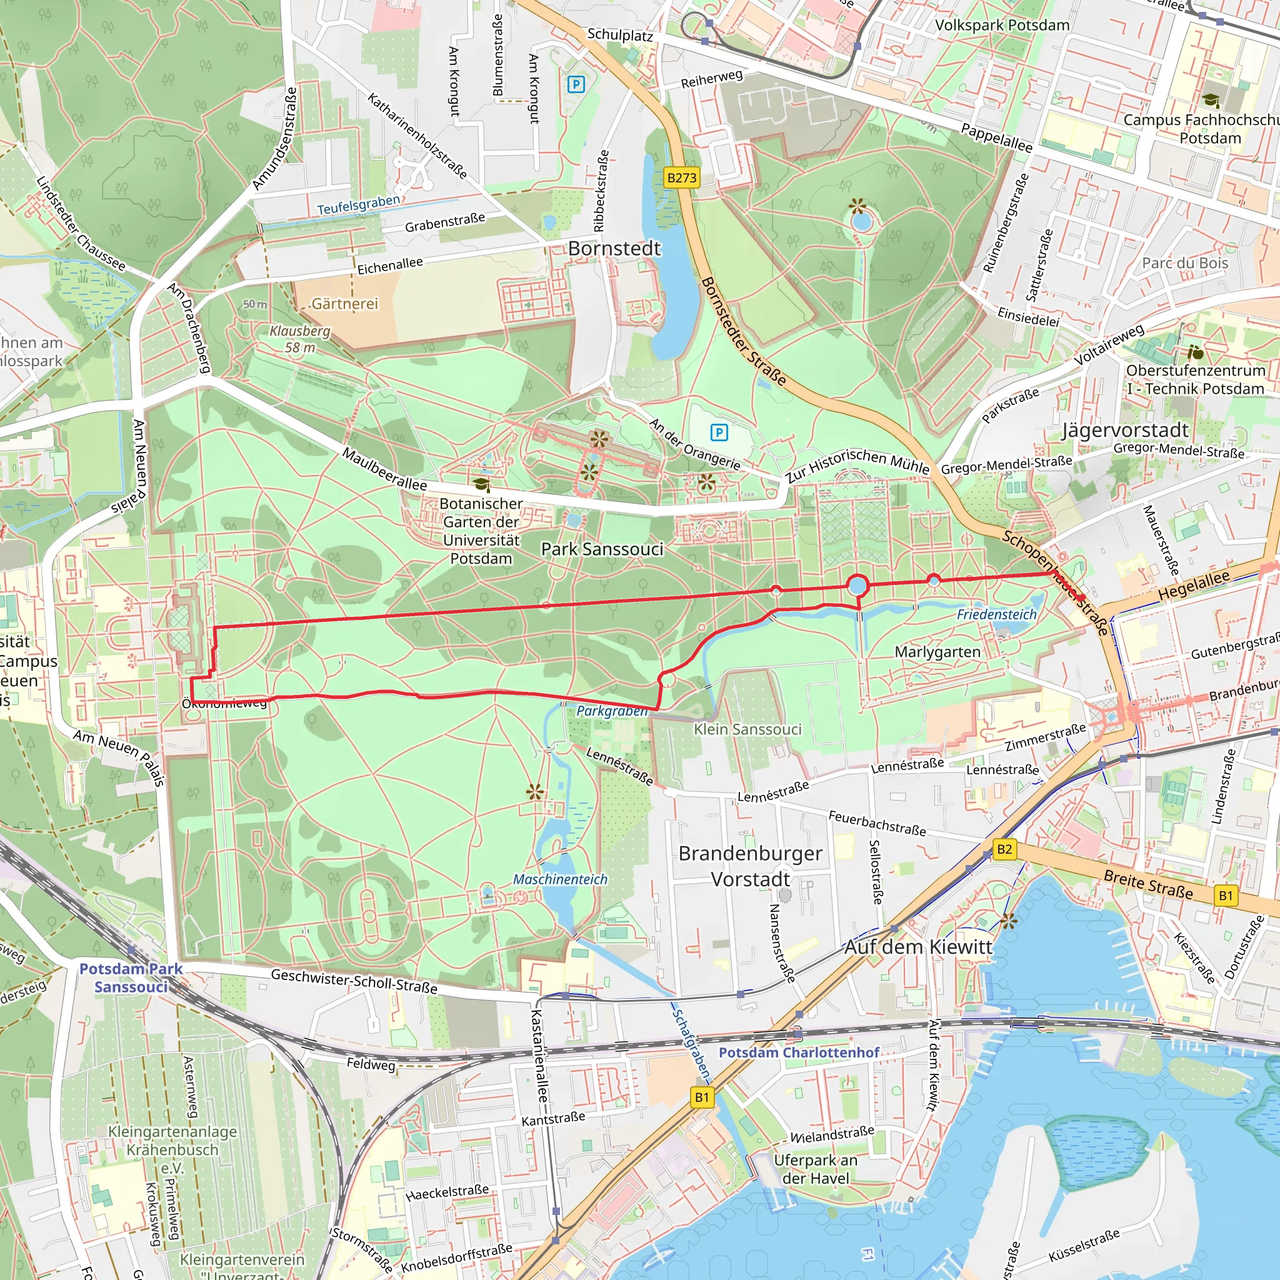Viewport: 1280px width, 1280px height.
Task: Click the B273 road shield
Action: click(x=682, y=177)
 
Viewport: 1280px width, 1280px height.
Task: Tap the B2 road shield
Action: click(x=1004, y=849)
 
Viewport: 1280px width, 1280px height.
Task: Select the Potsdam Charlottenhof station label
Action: click(x=799, y=1052)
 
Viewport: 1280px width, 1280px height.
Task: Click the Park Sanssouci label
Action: click(x=602, y=549)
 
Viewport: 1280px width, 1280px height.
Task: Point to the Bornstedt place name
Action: click(x=614, y=249)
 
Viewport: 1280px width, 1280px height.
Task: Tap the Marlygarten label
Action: click(x=937, y=652)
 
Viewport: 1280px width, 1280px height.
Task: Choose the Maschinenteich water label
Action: click(x=560, y=879)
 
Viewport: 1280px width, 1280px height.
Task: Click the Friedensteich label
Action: click(x=996, y=614)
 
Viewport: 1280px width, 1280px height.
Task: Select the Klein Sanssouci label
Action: click(x=747, y=729)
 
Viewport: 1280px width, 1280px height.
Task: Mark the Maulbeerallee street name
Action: click(x=384, y=469)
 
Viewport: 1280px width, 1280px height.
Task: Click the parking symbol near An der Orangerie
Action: click(x=719, y=432)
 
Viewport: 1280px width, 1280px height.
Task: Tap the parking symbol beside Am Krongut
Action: click(x=576, y=84)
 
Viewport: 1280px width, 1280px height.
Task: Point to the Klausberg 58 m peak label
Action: click(x=300, y=339)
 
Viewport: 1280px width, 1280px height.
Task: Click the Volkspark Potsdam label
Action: click(x=1002, y=25)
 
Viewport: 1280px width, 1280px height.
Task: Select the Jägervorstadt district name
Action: click(x=1124, y=430)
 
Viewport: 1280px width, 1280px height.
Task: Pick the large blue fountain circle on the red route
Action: click(x=857, y=586)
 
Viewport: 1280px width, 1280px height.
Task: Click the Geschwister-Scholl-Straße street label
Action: click(x=354, y=981)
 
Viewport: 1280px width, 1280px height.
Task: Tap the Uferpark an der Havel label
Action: click(x=815, y=1169)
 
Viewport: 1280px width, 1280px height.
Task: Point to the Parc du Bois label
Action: click(x=1184, y=263)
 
